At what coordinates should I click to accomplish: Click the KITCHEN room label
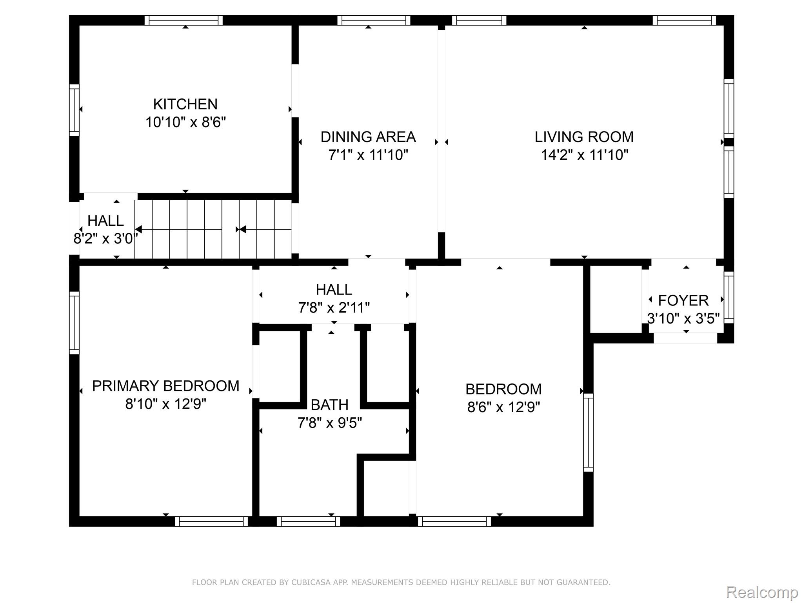coord(185,104)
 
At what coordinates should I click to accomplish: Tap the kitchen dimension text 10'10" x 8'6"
coord(185,122)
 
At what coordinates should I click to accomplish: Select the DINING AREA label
coord(368,137)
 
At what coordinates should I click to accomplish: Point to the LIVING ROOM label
coord(584,137)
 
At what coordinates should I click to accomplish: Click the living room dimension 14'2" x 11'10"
coord(585,155)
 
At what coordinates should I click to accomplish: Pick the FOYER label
coord(683,300)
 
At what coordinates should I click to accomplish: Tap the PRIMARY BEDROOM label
coord(165,386)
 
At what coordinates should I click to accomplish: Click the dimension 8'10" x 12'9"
coord(166,404)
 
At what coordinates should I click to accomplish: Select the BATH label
coord(330,405)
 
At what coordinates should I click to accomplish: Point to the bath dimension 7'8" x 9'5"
coord(330,423)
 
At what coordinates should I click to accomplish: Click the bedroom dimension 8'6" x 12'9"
coord(503,407)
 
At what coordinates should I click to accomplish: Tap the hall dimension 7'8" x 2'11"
coord(334,307)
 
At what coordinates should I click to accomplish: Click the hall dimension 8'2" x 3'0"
coord(105,238)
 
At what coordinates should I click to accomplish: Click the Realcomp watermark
coord(762,592)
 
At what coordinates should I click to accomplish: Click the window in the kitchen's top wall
coord(183,20)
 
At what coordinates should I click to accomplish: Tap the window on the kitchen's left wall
coord(74,110)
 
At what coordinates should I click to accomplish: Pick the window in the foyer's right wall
coord(729,297)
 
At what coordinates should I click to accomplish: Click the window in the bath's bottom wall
coord(308,521)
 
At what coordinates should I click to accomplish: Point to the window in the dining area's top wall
coord(374,20)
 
